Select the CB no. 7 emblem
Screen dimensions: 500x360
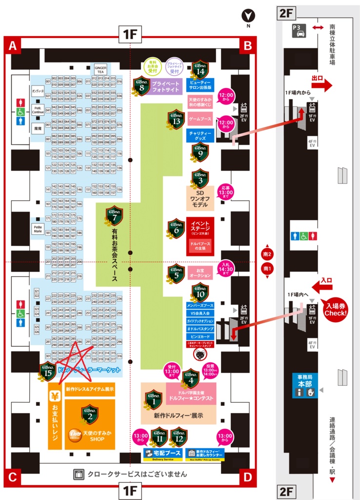[x=114, y=215]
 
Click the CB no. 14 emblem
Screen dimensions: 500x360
[x=200, y=68]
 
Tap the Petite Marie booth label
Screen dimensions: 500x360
[x=37, y=228]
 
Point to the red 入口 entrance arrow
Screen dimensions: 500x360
[x=322, y=287]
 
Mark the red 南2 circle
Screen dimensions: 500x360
[x=267, y=253]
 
